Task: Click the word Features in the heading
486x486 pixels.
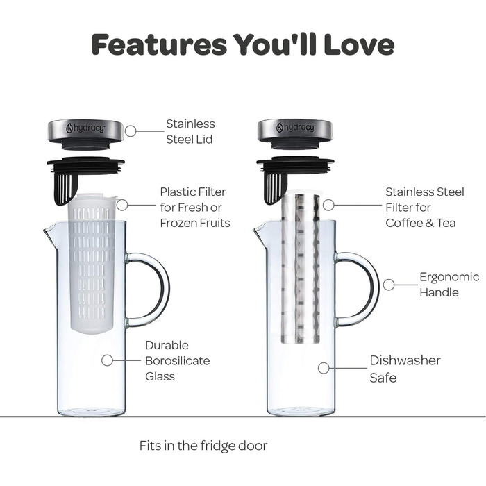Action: [159, 44]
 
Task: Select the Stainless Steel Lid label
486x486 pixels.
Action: [190, 131]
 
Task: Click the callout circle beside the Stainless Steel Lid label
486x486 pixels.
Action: [131, 131]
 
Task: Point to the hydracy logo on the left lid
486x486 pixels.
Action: [85, 127]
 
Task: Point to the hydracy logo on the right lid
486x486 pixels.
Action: [295, 127]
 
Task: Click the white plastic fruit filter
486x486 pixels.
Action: [92, 263]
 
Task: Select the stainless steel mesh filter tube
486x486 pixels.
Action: [301, 269]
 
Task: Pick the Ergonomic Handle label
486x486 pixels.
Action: [449, 285]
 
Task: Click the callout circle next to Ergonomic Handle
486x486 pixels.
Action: [389, 285]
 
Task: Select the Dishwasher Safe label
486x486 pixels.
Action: [405, 369]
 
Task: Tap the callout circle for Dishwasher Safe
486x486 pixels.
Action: [324, 368]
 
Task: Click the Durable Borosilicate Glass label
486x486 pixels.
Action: [177, 361]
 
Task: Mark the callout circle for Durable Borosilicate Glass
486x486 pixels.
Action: [107, 360]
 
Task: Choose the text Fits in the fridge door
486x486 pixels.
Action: [203, 446]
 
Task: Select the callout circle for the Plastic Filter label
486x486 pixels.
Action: [122, 205]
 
